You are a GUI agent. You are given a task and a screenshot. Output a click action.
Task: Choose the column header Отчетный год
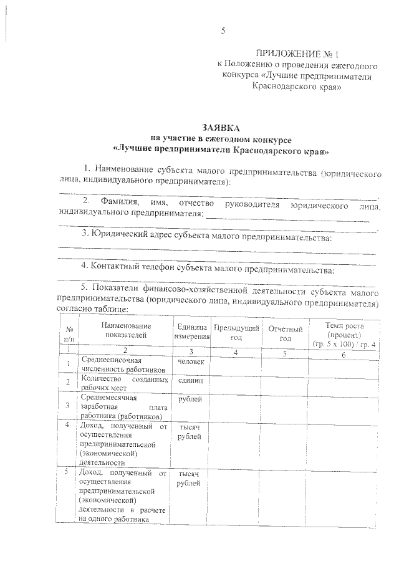coord(285,333)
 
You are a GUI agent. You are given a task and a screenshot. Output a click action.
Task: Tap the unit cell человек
coord(191,361)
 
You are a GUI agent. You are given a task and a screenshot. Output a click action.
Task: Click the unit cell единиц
coord(190,380)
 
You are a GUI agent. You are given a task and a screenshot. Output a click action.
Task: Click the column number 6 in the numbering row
coord(344,353)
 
